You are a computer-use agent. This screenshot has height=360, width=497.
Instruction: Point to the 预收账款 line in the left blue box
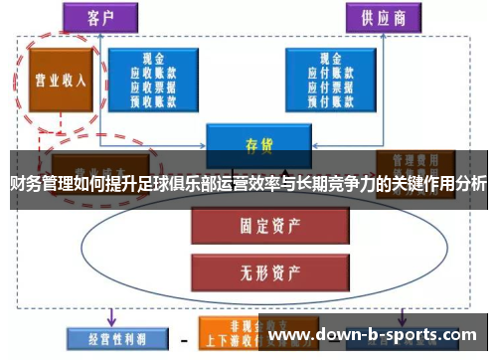153,98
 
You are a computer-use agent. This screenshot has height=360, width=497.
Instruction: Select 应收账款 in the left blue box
153,73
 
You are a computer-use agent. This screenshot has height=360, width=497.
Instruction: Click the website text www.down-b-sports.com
374,336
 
